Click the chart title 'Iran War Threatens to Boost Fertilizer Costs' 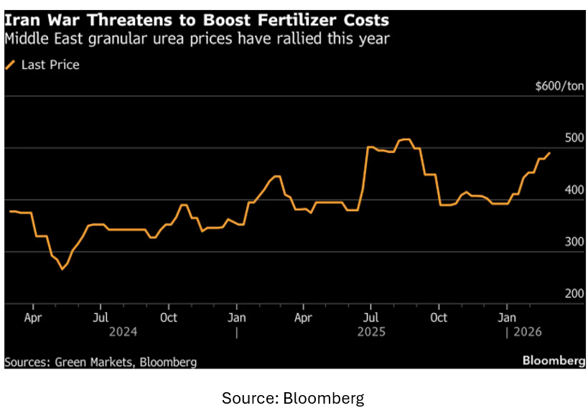click(x=196, y=18)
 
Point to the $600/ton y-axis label click(x=559, y=86)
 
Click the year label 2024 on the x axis click(x=122, y=332)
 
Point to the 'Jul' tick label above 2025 click(x=370, y=317)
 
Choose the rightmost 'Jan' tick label click(x=508, y=317)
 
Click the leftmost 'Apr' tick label click(x=32, y=317)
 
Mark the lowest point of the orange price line click(x=62, y=269)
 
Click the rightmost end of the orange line click(x=550, y=152)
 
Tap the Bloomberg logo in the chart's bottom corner click(x=553, y=361)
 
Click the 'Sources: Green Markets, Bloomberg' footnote click(x=101, y=361)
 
